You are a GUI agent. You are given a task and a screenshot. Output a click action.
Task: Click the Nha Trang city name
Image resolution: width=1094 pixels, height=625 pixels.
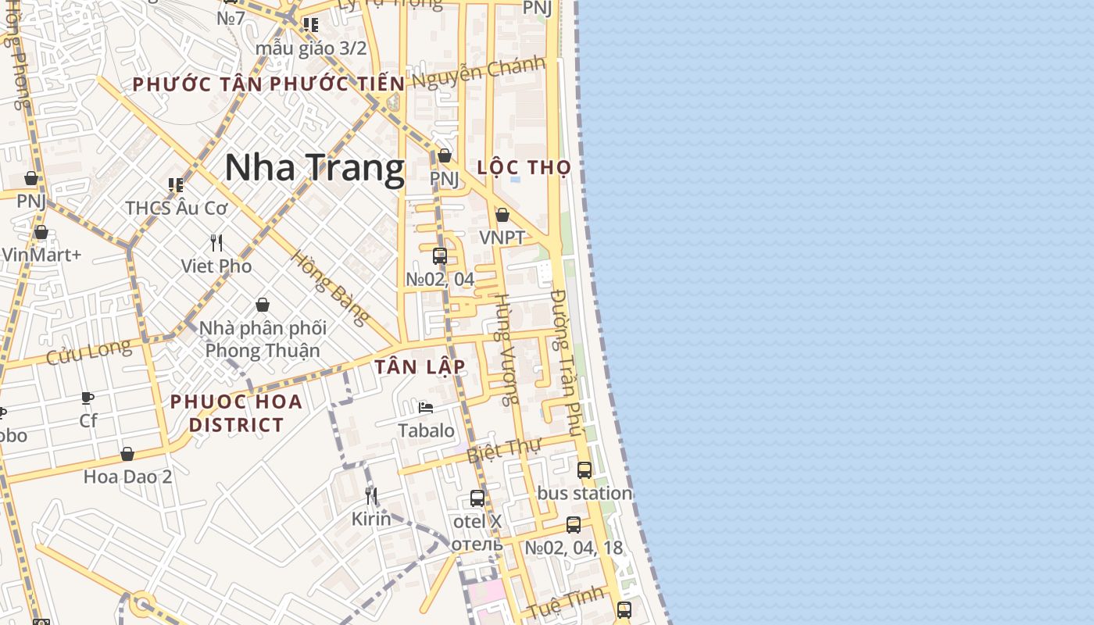[315, 168]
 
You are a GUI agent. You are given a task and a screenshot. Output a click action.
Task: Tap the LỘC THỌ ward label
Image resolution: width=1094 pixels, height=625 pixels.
[524, 168]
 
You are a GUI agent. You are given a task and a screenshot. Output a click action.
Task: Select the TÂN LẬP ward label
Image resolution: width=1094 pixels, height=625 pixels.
[420, 366]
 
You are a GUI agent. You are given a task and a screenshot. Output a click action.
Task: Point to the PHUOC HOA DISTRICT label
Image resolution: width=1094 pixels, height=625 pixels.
[236, 413]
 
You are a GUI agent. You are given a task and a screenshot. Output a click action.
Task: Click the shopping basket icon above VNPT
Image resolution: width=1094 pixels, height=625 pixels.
[502, 215]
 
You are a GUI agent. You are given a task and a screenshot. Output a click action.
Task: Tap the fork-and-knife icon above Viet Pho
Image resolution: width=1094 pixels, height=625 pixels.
[216, 243]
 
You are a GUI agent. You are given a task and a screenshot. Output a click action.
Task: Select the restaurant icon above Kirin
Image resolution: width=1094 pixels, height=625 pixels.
[371, 495]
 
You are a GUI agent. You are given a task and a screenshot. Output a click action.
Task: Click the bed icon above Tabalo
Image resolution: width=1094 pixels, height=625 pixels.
[426, 408]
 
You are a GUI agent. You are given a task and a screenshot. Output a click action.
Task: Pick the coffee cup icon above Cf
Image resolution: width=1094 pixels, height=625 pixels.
[88, 398]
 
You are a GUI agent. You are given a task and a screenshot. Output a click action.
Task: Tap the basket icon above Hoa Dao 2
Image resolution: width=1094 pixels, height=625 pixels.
[127, 454]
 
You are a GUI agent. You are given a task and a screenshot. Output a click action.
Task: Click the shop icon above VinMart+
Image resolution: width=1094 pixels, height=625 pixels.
[41, 232]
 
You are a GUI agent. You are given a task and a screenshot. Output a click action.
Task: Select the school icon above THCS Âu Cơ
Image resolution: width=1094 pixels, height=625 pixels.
[176, 185]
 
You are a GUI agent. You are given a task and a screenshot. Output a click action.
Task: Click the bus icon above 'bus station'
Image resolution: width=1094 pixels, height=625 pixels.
[585, 470]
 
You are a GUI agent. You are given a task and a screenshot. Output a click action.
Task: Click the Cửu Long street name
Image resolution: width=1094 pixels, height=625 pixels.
[88, 352]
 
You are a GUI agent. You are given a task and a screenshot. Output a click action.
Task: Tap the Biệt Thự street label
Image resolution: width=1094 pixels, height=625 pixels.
[504, 451]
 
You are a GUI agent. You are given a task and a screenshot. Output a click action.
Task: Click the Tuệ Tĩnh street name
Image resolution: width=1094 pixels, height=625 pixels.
[565, 602]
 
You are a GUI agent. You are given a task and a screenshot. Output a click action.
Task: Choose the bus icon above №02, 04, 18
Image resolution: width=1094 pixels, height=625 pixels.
[574, 525]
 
